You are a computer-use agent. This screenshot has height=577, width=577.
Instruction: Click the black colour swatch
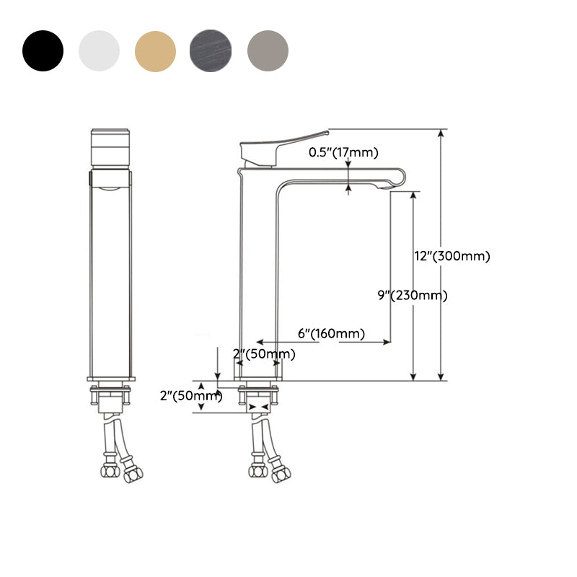point(43,50)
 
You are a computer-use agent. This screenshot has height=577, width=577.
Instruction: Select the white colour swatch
point(99,50)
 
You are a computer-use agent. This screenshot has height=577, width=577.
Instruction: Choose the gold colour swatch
point(155,50)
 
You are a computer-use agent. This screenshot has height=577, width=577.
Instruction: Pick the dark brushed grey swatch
point(211,50)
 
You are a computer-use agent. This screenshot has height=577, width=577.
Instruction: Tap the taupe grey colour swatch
point(268,50)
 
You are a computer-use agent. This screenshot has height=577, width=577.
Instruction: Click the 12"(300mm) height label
point(452,256)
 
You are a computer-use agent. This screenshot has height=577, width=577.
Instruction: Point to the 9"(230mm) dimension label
point(413,295)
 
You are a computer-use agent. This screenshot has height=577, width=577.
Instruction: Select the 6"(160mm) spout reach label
point(331,333)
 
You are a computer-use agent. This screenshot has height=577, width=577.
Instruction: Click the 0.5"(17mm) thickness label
point(343,152)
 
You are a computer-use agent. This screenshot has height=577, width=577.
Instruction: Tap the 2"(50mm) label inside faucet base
point(264,353)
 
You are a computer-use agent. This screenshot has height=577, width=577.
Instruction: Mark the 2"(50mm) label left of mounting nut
point(190,395)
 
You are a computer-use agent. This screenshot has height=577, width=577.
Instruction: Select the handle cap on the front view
point(110,148)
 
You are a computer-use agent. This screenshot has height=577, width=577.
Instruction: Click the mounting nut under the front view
point(110,396)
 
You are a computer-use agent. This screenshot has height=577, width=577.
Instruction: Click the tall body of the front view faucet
point(110,274)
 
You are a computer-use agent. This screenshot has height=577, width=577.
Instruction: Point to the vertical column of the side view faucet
point(258,274)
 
